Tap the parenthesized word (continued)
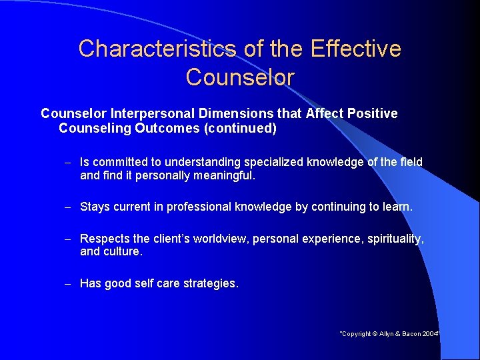[243, 128]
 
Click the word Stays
[95, 207]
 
